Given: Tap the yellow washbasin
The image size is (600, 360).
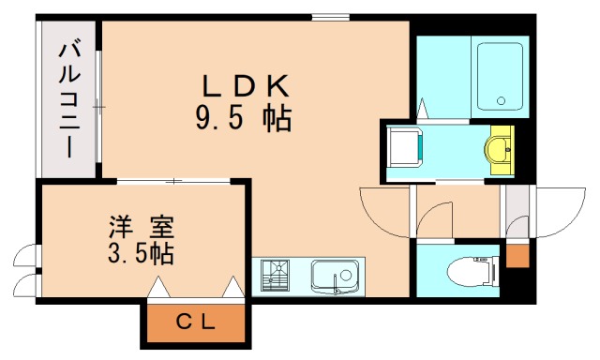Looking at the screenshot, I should pyautogui.click(x=501, y=147).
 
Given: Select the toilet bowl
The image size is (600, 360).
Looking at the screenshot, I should pyautogui.click(x=469, y=271).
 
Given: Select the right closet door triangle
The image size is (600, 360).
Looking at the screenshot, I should pyautogui.click(x=232, y=287).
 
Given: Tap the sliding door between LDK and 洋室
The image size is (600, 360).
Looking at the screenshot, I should pyautogui.click(x=174, y=180).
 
